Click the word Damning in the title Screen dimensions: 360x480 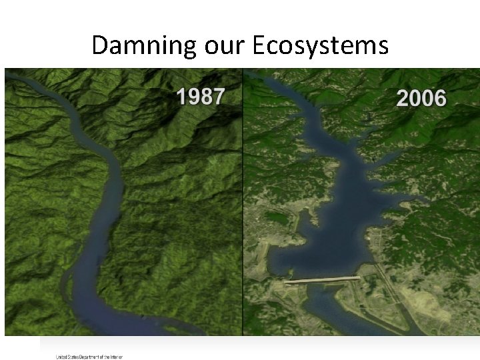[x=143, y=45]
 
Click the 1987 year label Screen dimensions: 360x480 [x=200, y=97]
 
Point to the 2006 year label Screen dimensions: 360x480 [x=421, y=98]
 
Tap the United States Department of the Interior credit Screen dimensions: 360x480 [x=89, y=357]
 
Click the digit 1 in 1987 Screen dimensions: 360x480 [x=181, y=97]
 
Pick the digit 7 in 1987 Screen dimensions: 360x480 [x=217, y=97]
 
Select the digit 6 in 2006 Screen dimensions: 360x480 [x=439, y=98]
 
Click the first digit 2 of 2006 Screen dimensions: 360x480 [x=403, y=98]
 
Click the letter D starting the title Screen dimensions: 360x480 [x=99, y=45]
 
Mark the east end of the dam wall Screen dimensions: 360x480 [x=359, y=277]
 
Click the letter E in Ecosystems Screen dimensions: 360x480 [x=259, y=45]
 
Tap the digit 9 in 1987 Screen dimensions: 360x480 [x=193, y=97]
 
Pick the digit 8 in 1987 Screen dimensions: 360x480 [x=205, y=97]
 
